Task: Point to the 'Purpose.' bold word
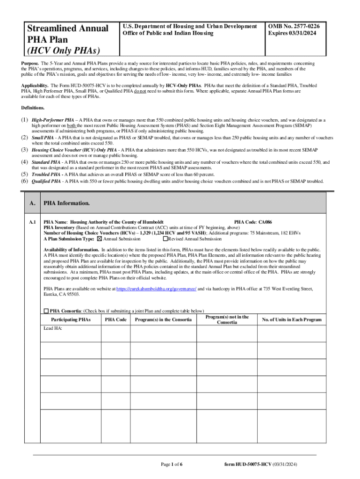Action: [29, 63]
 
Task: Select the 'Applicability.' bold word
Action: [35, 86]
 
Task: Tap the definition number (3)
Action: [25, 150]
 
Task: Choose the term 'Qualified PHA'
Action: [46, 181]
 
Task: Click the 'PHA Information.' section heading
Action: [66, 204]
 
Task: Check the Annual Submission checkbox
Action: [99, 239]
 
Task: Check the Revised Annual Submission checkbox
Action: [165, 239]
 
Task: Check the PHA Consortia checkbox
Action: [46, 311]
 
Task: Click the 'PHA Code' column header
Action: [115, 320]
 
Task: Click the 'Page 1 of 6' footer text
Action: [172, 464]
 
